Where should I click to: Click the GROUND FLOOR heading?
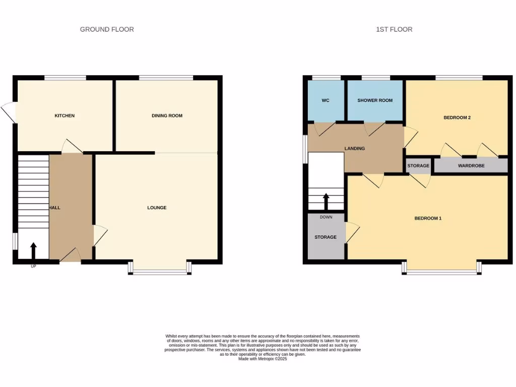click(107, 29)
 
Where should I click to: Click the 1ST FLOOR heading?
click(394, 29)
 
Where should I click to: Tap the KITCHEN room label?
click(64, 116)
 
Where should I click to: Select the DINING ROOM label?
click(167, 116)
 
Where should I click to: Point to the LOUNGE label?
click(157, 208)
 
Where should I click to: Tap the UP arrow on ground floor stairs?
click(33, 250)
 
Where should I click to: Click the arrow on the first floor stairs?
click(326, 202)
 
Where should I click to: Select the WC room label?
click(326, 100)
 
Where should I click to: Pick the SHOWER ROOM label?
click(375, 100)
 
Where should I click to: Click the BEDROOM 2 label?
click(457, 118)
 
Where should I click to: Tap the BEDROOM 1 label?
click(428, 218)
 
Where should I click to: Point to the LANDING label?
click(355, 149)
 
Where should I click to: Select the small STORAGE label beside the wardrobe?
click(418, 166)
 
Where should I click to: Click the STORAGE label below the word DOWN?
click(326, 237)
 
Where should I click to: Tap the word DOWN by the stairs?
click(326, 217)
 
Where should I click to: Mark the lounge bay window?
click(160, 272)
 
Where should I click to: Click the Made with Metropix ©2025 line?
click(262, 359)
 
